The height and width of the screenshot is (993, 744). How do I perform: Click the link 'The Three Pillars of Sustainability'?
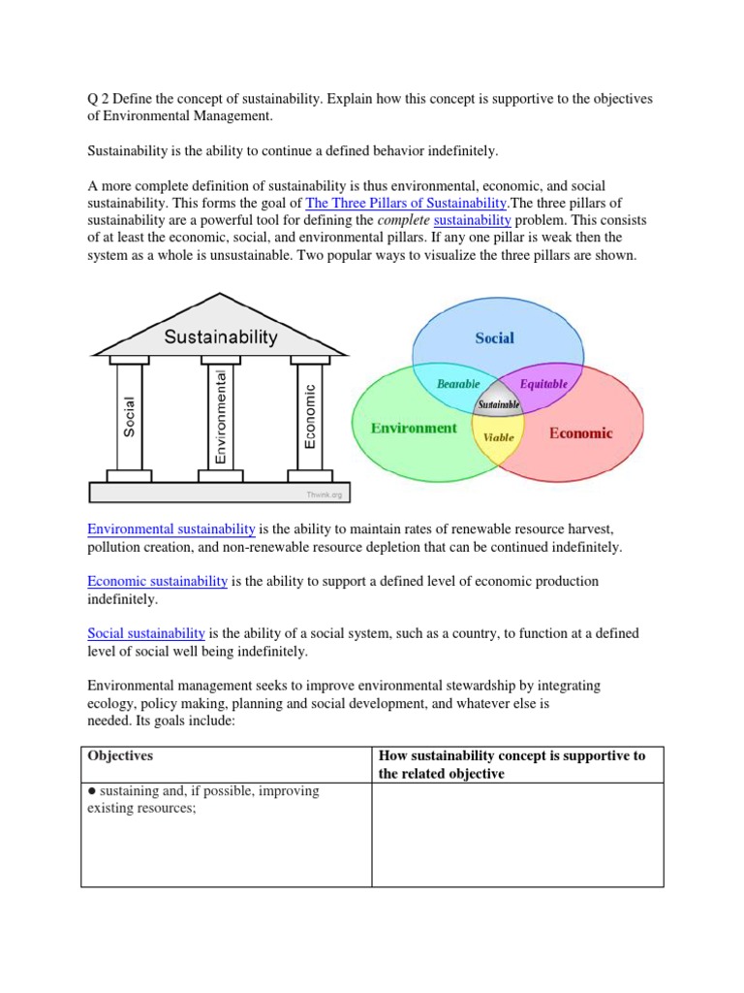point(406,203)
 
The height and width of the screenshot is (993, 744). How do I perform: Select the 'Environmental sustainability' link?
point(171,529)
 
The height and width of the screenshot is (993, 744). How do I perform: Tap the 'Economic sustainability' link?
point(158,581)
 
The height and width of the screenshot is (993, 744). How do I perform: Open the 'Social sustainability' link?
point(146,633)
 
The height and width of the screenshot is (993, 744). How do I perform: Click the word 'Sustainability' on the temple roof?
point(220,337)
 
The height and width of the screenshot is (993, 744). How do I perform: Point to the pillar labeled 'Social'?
point(130,416)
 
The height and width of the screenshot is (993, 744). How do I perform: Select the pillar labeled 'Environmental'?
point(220,416)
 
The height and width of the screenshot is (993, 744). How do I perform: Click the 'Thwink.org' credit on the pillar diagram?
point(324,494)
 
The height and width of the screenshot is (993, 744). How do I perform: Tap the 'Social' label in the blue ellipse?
point(494,337)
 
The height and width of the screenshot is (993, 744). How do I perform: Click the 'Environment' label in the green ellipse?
point(414,428)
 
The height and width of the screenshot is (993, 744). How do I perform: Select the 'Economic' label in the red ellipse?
point(581,433)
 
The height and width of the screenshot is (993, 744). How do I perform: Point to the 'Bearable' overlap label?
point(458,384)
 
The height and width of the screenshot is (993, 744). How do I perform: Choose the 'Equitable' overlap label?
point(543,384)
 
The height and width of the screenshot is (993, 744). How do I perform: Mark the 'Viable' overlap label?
point(498,437)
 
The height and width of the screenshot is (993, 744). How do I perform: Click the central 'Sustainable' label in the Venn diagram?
point(498,403)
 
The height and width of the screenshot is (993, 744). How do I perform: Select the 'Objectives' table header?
point(120,755)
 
